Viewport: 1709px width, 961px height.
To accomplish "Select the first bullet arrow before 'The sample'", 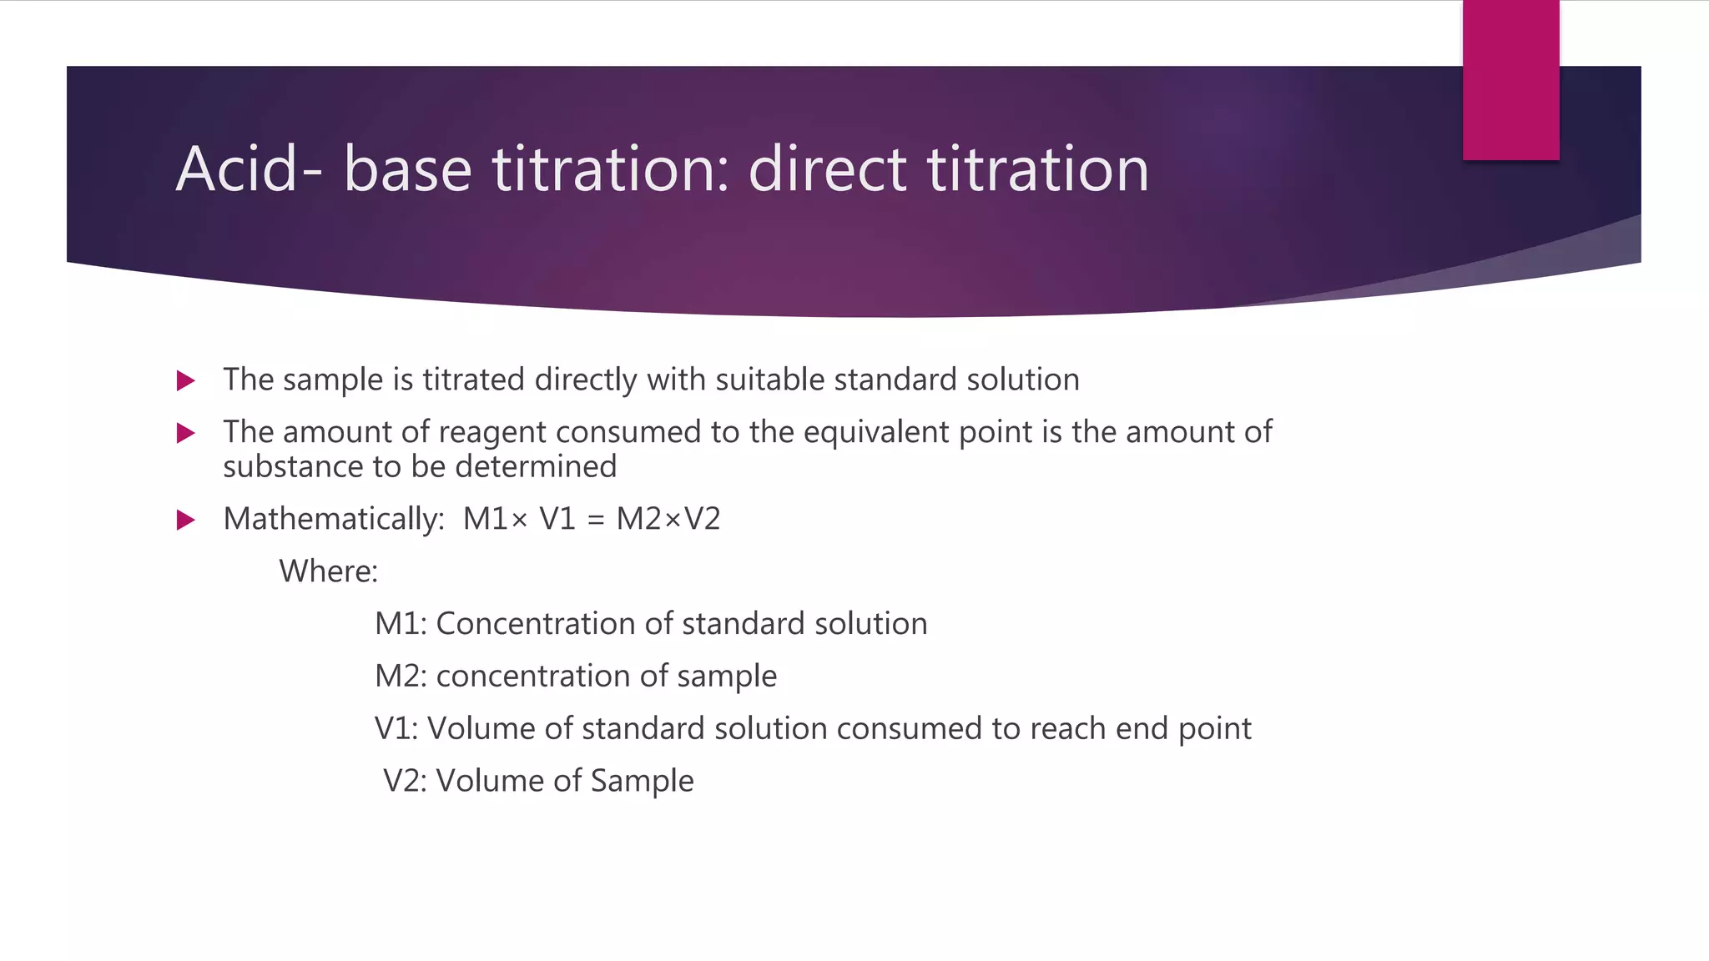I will (x=186, y=381).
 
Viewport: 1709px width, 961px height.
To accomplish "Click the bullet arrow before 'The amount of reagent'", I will (x=186, y=433).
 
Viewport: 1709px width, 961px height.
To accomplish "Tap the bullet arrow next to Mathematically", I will (x=186, y=521).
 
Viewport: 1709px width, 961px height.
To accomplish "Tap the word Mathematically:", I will (x=334, y=520).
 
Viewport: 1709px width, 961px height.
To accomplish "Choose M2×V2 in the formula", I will (x=668, y=519).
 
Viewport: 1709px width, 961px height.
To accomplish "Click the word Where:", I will (x=328, y=571).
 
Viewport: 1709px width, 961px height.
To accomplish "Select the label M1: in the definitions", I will (x=401, y=624).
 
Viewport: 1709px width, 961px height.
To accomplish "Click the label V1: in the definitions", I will (x=396, y=728).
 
